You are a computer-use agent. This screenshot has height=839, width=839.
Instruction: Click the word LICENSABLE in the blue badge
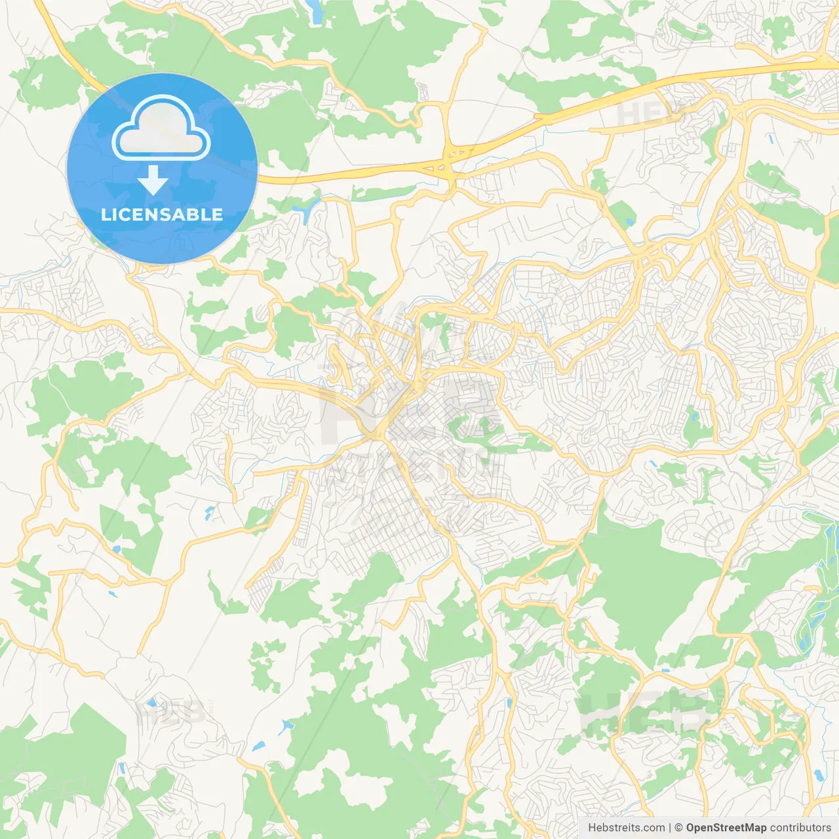point(162,214)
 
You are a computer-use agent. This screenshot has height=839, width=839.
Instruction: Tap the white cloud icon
point(161,128)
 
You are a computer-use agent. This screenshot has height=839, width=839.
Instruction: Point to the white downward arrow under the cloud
point(153,180)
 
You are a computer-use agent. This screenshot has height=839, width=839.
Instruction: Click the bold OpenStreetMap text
point(726,828)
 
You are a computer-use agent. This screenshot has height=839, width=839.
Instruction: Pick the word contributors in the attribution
point(800,828)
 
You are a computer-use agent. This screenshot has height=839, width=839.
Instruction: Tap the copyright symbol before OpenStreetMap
point(678,828)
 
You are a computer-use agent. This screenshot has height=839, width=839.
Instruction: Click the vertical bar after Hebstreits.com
point(670,828)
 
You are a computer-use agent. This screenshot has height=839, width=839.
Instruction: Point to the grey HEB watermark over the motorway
point(646,112)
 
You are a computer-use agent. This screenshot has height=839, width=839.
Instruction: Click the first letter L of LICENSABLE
point(106,214)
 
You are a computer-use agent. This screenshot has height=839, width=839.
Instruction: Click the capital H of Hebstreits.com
point(592,828)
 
